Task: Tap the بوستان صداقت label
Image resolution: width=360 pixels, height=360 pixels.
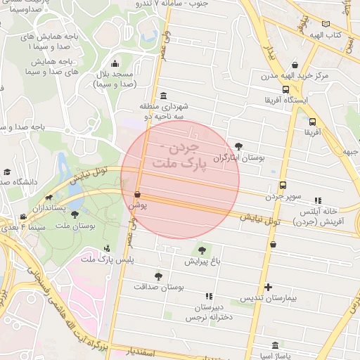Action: coord(158,288)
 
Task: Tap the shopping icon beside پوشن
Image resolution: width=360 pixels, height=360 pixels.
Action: coord(137,193)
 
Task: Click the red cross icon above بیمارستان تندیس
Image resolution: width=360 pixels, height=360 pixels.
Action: coord(268,287)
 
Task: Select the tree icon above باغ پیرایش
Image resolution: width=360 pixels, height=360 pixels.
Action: coord(202,250)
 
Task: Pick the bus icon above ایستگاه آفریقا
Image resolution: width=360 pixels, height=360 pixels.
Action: coord(286,89)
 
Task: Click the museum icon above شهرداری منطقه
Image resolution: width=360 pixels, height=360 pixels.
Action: coord(163,96)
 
